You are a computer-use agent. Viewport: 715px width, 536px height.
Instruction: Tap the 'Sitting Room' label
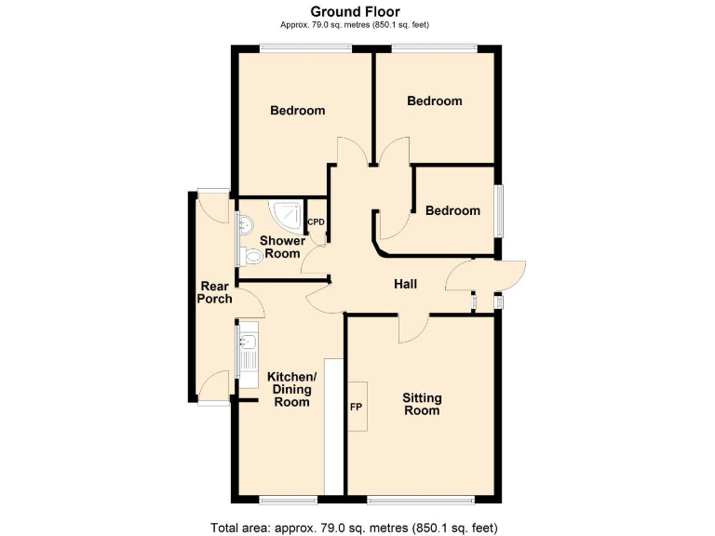click(422, 404)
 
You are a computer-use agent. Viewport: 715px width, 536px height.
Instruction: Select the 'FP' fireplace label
click(356, 408)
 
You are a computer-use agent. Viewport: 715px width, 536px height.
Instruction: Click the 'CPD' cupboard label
click(317, 221)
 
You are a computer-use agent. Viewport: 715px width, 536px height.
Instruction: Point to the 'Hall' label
click(405, 285)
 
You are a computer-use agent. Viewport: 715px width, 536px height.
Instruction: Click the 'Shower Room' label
click(282, 248)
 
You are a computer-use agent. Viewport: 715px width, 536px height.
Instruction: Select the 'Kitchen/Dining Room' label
click(291, 389)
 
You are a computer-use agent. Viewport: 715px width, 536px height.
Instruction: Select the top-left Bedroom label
click(298, 111)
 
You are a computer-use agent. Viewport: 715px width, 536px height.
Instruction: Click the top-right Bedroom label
click(435, 101)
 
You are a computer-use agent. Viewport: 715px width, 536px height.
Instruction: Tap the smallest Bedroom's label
click(452, 211)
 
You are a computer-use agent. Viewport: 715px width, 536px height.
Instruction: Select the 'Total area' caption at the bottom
click(357, 528)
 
